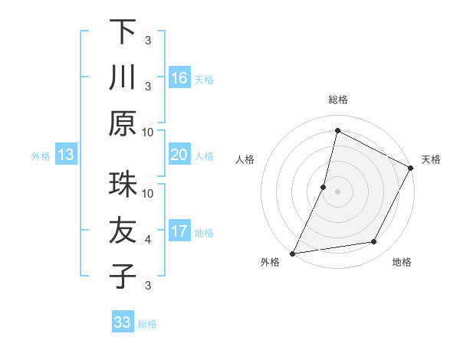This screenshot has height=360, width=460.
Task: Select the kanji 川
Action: point(122,77)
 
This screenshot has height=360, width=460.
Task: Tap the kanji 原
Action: point(122,123)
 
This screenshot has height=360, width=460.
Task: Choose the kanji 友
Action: point(122,231)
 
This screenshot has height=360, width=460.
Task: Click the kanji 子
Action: point(122,277)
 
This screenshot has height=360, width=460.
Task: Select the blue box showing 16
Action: point(179,77)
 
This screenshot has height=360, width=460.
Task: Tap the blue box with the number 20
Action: point(179,155)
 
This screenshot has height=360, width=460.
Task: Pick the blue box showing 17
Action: point(179,231)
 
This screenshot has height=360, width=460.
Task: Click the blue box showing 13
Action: point(66,155)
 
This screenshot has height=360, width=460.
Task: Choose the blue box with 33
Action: point(123,322)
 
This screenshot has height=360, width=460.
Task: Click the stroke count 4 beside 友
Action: point(147,240)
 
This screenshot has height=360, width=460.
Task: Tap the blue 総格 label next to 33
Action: point(147,324)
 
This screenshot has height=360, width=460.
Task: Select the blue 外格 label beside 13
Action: point(41,156)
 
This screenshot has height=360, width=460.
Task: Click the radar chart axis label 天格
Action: point(431,159)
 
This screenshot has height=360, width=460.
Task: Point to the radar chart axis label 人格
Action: point(245,159)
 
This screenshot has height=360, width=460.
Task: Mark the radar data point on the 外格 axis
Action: point(292,253)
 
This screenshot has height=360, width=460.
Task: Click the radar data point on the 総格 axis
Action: point(337,130)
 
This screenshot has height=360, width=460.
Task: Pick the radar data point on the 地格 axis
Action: point(374,242)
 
